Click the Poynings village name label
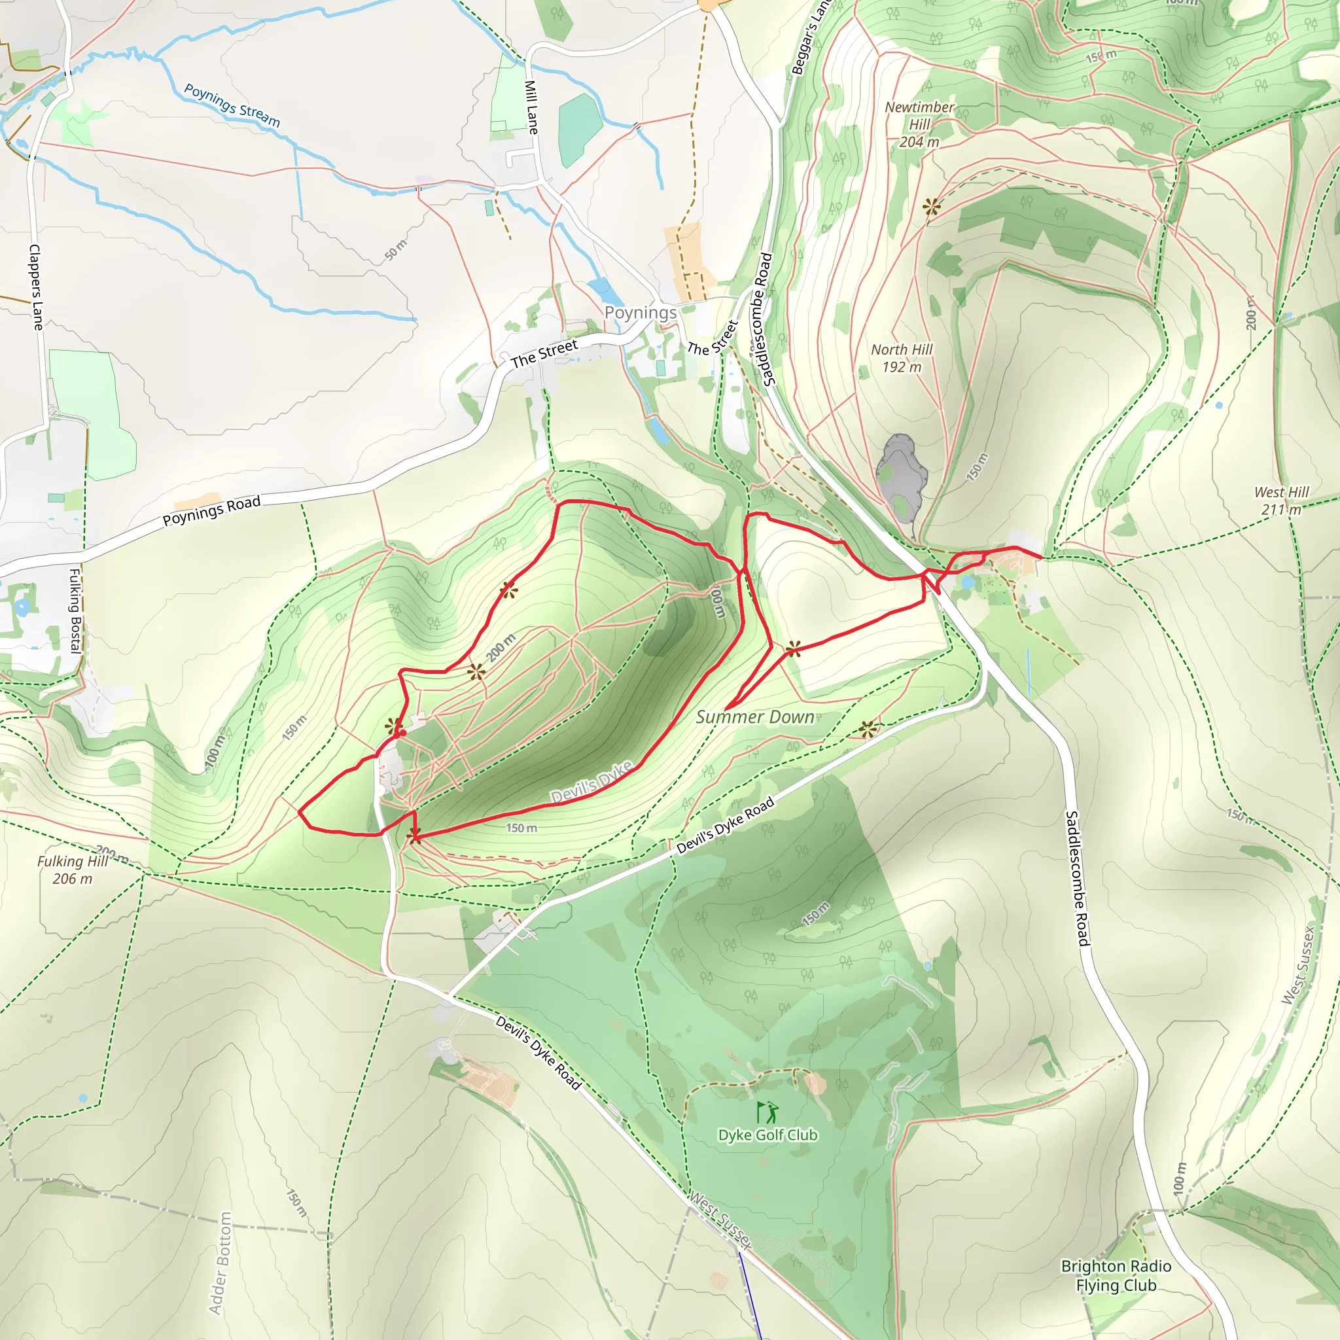pos(640,313)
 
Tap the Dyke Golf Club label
pos(767,1135)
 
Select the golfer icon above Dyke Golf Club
pos(767,1112)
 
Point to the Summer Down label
pos(754,717)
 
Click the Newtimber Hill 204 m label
pos(919,125)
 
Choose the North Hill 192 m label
pos(902,359)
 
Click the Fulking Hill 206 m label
pos(72,870)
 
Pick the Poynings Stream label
pos(232,105)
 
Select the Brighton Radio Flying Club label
pos(1116,1275)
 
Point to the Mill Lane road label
pos(531,107)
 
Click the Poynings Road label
pos(211,510)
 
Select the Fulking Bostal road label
pos(75,610)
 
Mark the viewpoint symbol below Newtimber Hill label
pos(932,206)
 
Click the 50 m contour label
pos(396,250)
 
